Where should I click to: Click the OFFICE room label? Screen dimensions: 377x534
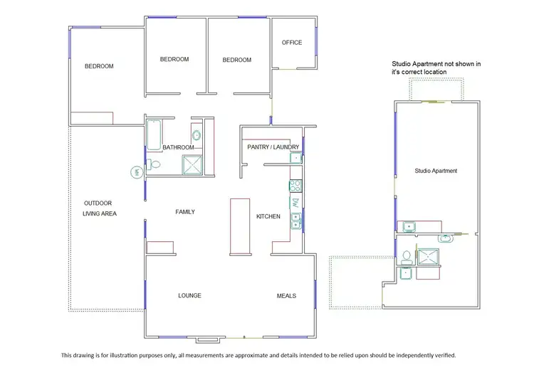pos(292,43)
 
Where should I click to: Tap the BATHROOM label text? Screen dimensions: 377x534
pos(178,147)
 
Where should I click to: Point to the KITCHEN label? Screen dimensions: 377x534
pos(268,216)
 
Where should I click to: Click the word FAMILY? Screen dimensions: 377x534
pos(185,212)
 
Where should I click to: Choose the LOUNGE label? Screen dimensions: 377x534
pos(189,296)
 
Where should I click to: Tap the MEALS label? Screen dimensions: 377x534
pos(286,296)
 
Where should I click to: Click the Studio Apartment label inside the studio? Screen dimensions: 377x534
pos(436,171)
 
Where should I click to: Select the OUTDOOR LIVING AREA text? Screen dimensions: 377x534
pos(99,208)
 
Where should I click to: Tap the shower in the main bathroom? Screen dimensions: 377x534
pos(193,166)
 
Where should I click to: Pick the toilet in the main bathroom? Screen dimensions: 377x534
pos(154,165)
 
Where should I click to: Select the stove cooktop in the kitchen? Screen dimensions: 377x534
pos(295,186)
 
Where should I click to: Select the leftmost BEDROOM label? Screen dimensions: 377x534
pos(99,66)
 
